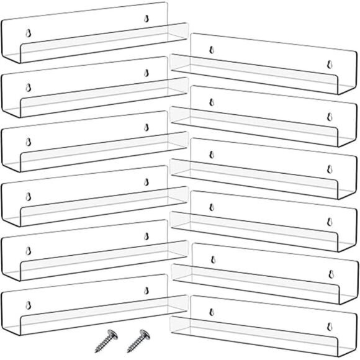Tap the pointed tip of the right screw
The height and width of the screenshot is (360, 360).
(x=128, y=353)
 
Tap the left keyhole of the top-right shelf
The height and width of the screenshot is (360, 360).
(x=210, y=50)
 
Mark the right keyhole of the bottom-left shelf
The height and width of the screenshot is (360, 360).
(x=146, y=290)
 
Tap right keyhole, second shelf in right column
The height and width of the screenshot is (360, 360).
(x=328, y=116)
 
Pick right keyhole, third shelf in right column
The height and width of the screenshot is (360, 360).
(x=328, y=168)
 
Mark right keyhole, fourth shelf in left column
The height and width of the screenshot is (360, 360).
(x=146, y=182)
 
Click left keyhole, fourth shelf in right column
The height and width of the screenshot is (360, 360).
(x=210, y=207)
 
